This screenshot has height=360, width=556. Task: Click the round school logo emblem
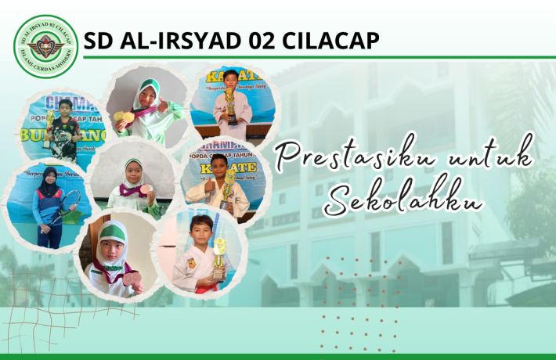point(46,46)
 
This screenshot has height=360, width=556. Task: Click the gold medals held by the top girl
point(124,117)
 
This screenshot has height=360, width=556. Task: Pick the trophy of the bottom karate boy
point(218,258)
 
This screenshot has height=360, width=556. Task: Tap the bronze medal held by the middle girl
point(146,190)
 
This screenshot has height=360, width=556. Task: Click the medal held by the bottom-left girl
point(128,279)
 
